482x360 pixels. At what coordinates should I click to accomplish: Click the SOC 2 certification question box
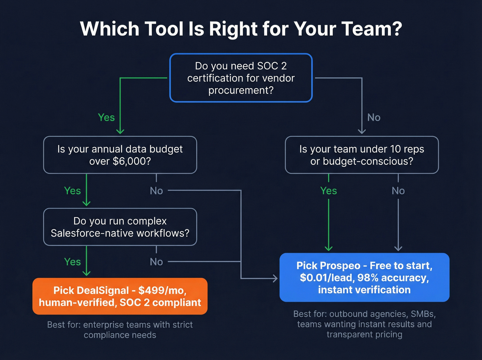tap(241, 78)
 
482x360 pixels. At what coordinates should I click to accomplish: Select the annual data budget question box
tap(120, 155)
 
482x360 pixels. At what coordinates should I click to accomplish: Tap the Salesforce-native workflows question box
tap(120, 227)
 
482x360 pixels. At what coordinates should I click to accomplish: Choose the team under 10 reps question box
tap(361, 155)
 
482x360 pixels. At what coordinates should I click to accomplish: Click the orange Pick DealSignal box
tap(120, 296)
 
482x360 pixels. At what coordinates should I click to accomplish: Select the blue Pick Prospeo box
tap(364, 278)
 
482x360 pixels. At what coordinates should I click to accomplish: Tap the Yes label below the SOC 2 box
tap(106, 117)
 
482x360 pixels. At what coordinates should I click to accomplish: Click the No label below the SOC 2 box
tap(374, 117)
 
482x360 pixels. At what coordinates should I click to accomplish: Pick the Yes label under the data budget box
tap(72, 191)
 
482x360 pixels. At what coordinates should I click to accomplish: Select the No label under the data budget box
tap(156, 191)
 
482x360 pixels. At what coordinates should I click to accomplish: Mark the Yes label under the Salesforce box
tap(72, 262)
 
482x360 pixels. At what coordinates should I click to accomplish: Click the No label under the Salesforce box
tap(156, 262)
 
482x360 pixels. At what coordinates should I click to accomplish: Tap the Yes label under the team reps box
tap(328, 191)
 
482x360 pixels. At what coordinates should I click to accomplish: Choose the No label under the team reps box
tap(398, 191)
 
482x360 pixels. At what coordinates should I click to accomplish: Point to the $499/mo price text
tap(162, 290)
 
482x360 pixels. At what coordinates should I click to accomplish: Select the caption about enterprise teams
tap(120, 330)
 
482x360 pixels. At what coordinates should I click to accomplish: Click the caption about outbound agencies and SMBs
tap(364, 324)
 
